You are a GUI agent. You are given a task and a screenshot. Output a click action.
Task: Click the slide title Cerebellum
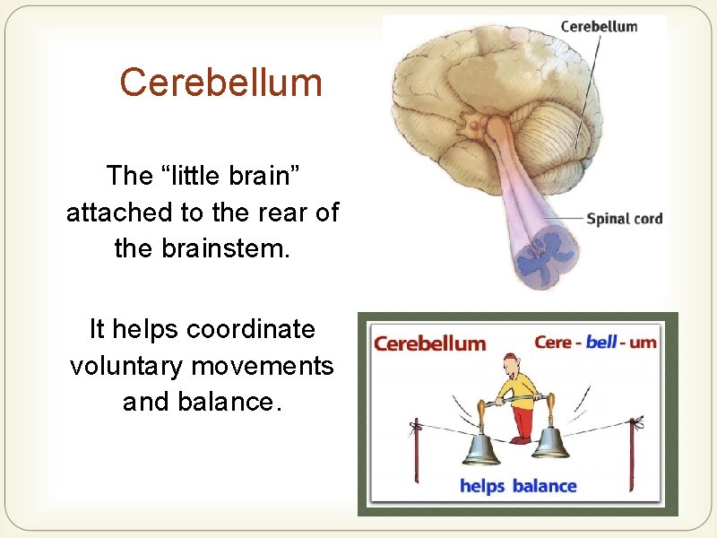(220, 82)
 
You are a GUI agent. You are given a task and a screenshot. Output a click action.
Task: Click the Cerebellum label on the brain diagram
(599, 26)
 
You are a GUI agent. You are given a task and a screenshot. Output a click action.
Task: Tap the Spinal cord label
(624, 218)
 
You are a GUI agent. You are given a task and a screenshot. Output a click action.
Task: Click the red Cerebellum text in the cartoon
(429, 343)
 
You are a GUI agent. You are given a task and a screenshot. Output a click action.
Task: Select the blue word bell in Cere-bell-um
(602, 343)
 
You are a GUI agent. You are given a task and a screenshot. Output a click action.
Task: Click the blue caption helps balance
(518, 486)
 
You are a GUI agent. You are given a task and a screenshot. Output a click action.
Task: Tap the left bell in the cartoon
(482, 445)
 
